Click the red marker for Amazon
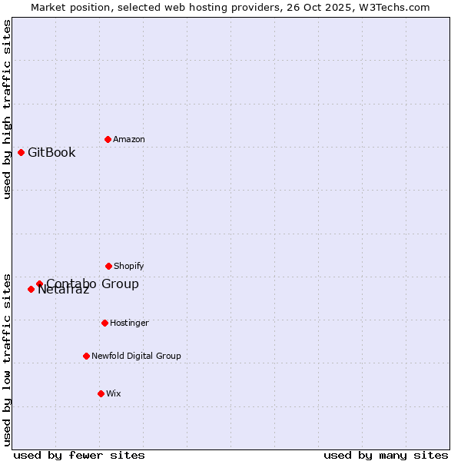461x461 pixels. click(x=108, y=139)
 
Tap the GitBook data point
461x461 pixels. click(x=21, y=152)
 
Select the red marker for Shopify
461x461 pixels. click(x=108, y=266)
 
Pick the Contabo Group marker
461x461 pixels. click(x=39, y=284)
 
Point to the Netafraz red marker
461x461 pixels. click(x=31, y=289)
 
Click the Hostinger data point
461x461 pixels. click(x=104, y=323)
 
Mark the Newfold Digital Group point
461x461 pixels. click(x=86, y=356)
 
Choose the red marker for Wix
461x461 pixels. click(x=101, y=393)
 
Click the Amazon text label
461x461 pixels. click(x=129, y=139)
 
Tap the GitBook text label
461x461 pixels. click(x=51, y=152)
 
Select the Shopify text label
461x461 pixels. click(x=129, y=266)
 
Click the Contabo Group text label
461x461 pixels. click(x=92, y=284)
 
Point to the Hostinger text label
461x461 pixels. click(x=129, y=323)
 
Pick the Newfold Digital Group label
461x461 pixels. click(x=136, y=356)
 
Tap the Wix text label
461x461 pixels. click(x=114, y=393)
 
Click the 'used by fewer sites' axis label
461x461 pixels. click(x=79, y=455)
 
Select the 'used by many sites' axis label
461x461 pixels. click(x=386, y=455)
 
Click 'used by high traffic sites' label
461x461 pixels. click(x=8, y=109)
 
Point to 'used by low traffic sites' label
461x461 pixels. click(x=8, y=359)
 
